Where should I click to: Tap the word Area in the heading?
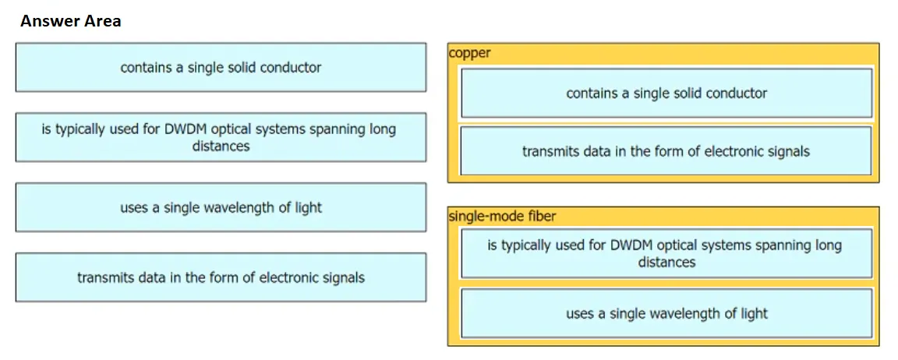(x=101, y=22)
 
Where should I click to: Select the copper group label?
(x=470, y=54)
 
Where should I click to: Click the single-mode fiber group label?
(x=502, y=217)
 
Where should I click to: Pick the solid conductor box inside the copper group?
(x=666, y=93)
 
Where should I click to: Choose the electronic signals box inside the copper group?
(x=666, y=151)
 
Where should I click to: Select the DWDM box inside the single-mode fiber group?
(x=666, y=253)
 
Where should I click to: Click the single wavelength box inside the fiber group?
(x=666, y=313)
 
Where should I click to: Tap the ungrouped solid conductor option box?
(x=221, y=68)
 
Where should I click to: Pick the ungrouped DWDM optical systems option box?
(x=221, y=137)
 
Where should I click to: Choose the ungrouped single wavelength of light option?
(x=221, y=207)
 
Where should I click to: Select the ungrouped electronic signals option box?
(x=221, y=277)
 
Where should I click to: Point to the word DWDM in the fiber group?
(x=629, y=245)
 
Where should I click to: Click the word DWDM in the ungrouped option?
(x=183, y=129)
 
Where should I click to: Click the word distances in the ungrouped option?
(x=221, y=146)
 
